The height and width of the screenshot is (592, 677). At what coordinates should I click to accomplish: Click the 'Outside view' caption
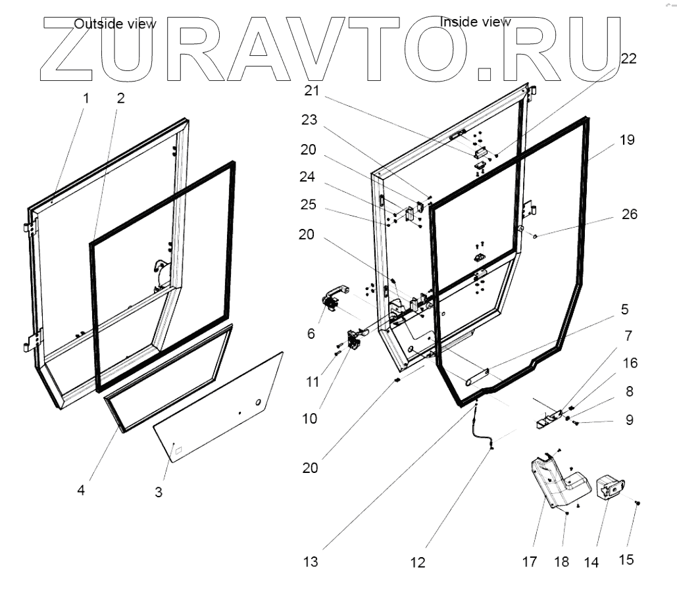click(115, 24)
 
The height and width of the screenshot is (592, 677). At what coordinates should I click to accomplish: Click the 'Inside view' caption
click(475, 22)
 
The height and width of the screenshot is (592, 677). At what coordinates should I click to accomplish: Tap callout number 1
click(86, 99)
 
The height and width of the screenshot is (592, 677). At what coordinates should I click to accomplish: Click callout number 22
click(628, 58)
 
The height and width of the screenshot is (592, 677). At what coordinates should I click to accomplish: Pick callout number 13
click(311, 562)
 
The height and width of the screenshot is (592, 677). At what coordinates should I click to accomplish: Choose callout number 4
click(81, 490)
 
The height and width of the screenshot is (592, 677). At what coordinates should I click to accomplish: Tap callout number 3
click(159, 491)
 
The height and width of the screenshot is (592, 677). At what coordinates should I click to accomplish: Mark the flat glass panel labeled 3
click(217, 408)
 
